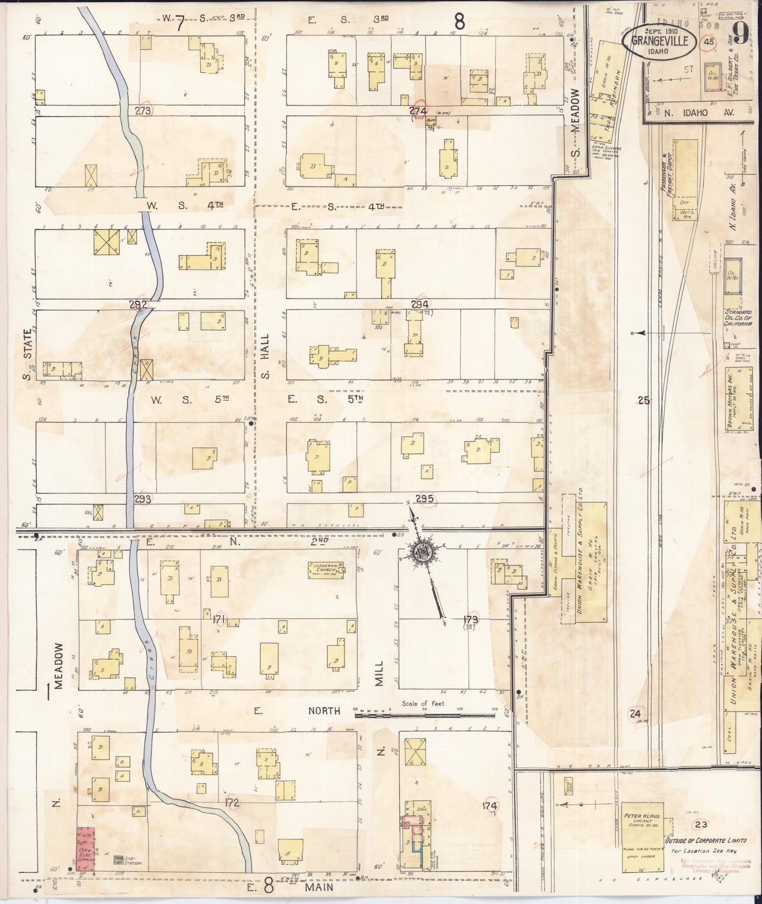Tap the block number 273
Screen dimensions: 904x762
tap(143, 111)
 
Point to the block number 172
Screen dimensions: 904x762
tap(232, 803)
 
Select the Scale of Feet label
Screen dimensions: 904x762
tap(423, 704)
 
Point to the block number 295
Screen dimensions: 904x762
tap(424, 499)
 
